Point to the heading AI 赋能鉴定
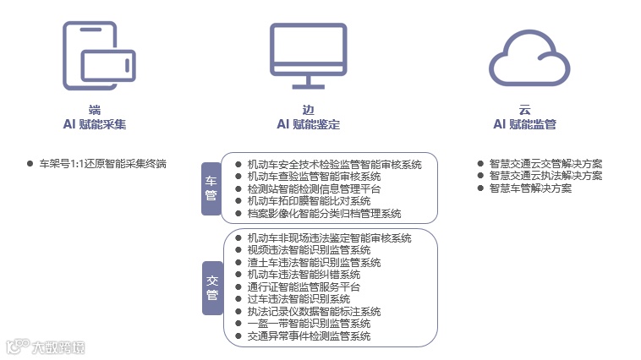tap(308, 124)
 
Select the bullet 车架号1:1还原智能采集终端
tap(102, 163)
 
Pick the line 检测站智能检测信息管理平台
tap(314, 188)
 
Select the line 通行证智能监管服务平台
tap(304, 286)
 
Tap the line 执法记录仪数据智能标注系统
tap(314, 311)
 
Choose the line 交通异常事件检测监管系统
tap(309, 335)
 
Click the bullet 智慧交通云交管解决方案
tap(545, 163)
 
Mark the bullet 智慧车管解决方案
tap(530, 188)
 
